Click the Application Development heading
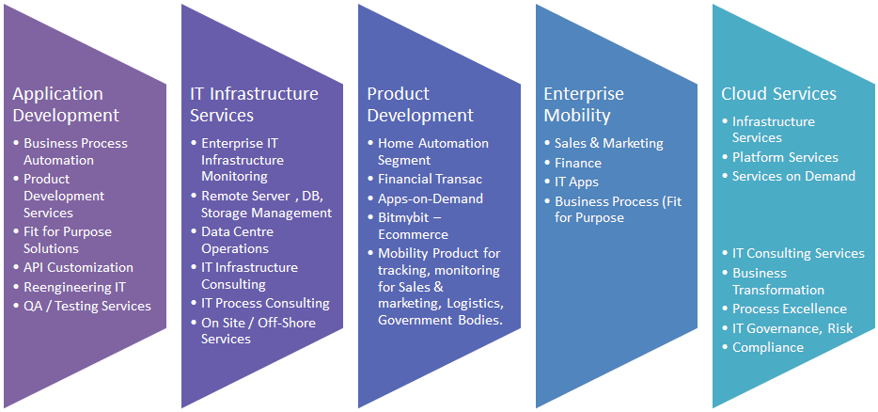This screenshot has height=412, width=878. point(66,104)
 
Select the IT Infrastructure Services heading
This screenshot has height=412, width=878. point(254,104)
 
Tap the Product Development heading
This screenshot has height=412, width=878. point(420,104)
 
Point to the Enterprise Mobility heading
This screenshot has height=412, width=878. point(584,104)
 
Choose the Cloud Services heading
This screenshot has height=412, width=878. point(779,94)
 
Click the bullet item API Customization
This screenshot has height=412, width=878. point(78,268)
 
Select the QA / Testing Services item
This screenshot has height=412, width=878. point(87,306)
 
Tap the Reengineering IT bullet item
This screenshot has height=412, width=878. point(74,288)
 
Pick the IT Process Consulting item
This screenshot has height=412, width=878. point(265,303)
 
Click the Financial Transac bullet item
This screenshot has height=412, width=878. point(430,180)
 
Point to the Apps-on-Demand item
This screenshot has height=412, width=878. point(431,199)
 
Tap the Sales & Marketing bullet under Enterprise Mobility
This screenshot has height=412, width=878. point(608,144)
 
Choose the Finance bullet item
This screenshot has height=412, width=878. point(578,163)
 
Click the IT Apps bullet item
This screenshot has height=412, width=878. point(577,182)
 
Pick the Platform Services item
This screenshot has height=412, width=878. point(785,157)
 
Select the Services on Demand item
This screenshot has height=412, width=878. point(794,176)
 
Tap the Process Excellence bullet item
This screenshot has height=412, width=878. point(790,309)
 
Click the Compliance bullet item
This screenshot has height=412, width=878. point(768,347)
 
